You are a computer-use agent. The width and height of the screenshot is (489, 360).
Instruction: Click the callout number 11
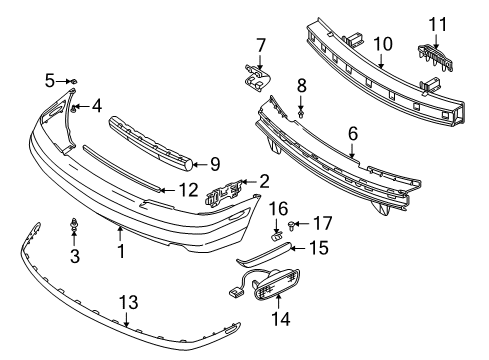[437, 24]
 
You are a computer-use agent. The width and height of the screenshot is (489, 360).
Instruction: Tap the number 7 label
[260, 45]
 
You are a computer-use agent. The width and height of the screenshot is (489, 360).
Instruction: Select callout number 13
[128, 303]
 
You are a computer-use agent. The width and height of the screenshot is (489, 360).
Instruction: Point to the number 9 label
[215, 164]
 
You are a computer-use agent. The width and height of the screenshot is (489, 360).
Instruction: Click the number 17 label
[322, 223]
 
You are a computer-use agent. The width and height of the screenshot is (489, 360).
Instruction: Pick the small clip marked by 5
[74, 81]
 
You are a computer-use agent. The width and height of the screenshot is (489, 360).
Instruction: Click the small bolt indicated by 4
[74, 108]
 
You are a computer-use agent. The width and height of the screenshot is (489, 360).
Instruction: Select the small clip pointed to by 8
[301, 115]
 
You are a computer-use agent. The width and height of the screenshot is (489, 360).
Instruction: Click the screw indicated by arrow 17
[290, 226]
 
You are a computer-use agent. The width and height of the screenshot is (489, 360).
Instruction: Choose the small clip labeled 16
[276, 236]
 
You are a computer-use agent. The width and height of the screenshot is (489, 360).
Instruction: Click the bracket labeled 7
[256, 78]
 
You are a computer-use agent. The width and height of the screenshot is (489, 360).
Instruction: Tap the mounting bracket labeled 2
[224, 193]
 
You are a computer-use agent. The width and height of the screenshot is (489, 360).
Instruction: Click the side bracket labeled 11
[435, 57]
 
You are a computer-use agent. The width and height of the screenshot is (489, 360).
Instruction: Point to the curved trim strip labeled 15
[264, 254]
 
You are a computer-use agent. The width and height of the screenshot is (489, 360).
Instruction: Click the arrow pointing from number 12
[168, 190]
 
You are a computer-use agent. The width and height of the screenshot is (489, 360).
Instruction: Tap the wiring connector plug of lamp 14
[235, 292]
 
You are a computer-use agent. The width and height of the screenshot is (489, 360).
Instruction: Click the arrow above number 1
[120, 233]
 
